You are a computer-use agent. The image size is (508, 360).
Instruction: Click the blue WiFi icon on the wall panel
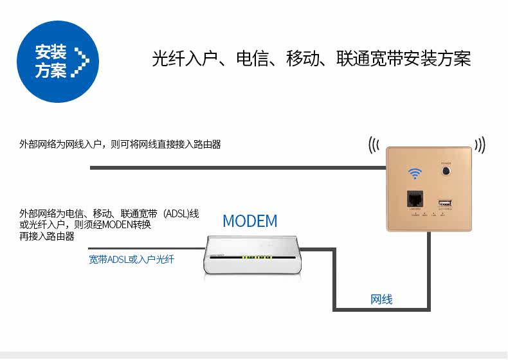(x=415, y=174)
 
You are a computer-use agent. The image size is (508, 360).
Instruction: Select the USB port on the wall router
(x=446, y=203)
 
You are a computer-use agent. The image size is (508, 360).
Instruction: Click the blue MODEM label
(x=249, y=221)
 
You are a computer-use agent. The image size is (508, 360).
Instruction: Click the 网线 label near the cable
(x=381, y=300)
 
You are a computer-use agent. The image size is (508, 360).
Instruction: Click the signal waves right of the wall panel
(x=480, y=144)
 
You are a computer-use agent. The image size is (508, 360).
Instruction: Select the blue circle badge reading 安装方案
(x=58, y=61)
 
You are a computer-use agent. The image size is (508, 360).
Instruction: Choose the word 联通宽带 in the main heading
(x=372, y=59)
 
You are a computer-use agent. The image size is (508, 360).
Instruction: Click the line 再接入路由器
(x=47, y=236)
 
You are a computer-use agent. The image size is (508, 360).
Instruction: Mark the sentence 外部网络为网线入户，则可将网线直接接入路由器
(x=120, y=145)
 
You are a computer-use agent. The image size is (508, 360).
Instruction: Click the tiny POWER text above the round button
(x=446, y=164)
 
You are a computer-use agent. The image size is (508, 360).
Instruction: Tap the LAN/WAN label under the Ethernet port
(x=414, y=210)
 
